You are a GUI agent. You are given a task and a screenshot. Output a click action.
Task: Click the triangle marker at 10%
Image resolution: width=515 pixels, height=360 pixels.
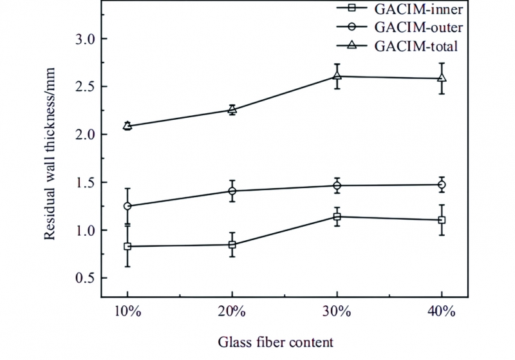127,126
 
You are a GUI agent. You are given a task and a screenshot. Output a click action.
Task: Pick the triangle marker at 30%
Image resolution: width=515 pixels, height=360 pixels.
337,76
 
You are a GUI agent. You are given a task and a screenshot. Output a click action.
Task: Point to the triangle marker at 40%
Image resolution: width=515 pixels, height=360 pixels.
442,78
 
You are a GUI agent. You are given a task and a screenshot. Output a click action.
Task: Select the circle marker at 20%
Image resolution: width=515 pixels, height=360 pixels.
232,191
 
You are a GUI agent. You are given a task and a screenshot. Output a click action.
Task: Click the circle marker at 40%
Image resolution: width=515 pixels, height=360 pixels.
442,184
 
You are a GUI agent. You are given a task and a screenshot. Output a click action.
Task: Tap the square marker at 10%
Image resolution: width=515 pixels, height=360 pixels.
127,246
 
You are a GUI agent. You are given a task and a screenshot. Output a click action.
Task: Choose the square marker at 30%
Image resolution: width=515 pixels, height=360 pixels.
337,216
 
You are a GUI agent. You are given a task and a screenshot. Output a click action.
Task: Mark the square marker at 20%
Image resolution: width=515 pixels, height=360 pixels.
232,245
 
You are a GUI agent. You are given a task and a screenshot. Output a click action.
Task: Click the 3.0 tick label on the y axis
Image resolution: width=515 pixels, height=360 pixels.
82,39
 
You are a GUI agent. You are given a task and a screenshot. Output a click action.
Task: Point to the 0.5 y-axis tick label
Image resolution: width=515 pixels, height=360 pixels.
82,278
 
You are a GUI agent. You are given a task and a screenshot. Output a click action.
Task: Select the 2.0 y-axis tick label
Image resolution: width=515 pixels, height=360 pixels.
82,135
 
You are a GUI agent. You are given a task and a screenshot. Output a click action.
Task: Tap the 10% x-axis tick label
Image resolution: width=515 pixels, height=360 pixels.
127,311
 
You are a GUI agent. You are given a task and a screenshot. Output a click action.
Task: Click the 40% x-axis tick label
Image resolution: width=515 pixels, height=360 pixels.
442,311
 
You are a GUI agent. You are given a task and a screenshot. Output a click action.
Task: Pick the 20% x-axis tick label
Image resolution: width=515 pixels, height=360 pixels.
232,311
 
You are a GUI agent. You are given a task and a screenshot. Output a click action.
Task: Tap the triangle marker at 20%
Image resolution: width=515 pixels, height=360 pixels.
232,109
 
